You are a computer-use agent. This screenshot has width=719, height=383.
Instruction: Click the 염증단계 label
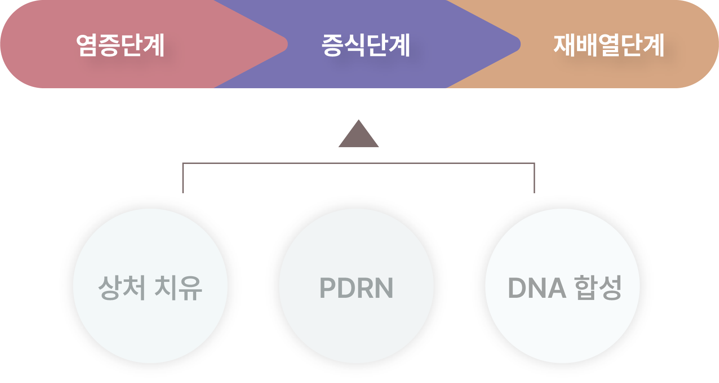click(120, 45)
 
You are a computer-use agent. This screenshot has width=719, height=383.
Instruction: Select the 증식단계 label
click(366, 45)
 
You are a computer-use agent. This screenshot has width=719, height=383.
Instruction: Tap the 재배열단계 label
click(609, 45)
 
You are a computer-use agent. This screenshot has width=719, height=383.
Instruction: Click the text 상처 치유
click(150, 287)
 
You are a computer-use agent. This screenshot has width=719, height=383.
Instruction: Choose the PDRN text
click(356, 287)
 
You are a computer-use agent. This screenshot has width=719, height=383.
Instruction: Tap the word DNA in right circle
click(537, 288)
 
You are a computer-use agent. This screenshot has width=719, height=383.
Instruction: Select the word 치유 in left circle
click(178, 287)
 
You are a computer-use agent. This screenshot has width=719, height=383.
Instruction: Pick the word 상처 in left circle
click(122, 287)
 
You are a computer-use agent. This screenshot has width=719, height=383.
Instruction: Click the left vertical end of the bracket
click(183, 179)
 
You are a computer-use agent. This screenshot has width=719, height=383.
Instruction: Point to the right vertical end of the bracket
click(534, 179)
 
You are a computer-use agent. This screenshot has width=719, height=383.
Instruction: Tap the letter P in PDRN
click(328, 288)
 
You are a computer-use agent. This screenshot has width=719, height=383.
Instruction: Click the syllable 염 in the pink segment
click(87, 45)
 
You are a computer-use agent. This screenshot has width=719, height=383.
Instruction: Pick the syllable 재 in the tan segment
click(564, 45)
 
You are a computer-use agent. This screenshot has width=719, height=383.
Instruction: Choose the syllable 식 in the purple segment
click(355, 45)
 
